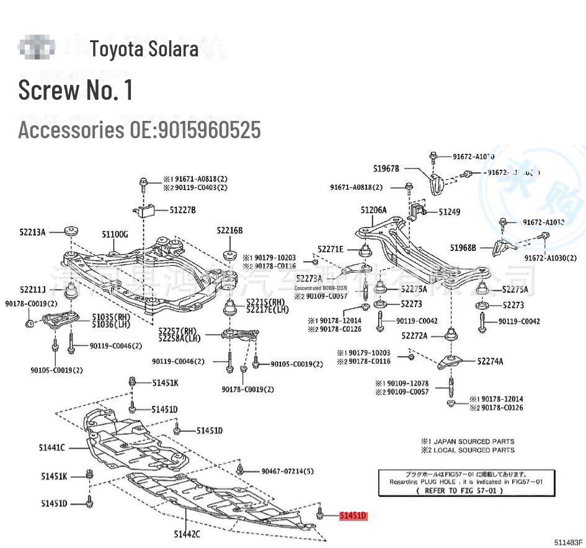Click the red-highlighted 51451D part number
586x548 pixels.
pos(353,515)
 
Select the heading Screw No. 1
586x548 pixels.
pos(76,90)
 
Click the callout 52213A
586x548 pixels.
pos(32,232)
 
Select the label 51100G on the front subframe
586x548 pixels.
pos(115,234)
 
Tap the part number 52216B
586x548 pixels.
pos(229,231)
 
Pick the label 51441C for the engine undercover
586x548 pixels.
pos(53,448)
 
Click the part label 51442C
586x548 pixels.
pos(187,533)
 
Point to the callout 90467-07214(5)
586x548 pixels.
pos(287,471)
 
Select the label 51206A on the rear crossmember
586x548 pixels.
pos(373,210)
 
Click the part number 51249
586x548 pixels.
pos(450,212)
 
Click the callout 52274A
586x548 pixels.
pos(490,361)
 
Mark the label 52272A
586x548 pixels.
pos(414,335)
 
